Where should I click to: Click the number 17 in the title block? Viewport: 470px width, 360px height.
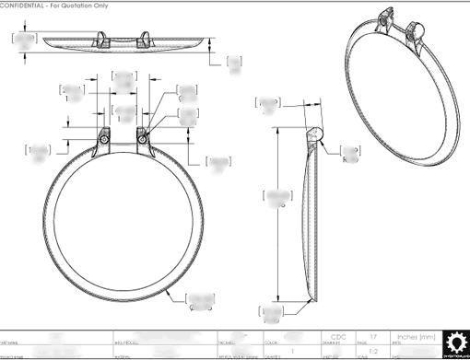373,336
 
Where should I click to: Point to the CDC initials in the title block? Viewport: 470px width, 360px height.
338,336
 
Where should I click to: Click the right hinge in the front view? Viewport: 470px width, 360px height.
143,136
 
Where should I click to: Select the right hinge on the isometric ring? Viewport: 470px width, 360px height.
416,31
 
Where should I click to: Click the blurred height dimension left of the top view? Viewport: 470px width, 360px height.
26,40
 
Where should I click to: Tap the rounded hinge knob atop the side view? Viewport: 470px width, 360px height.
316,134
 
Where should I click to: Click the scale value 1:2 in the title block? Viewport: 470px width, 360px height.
373,352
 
